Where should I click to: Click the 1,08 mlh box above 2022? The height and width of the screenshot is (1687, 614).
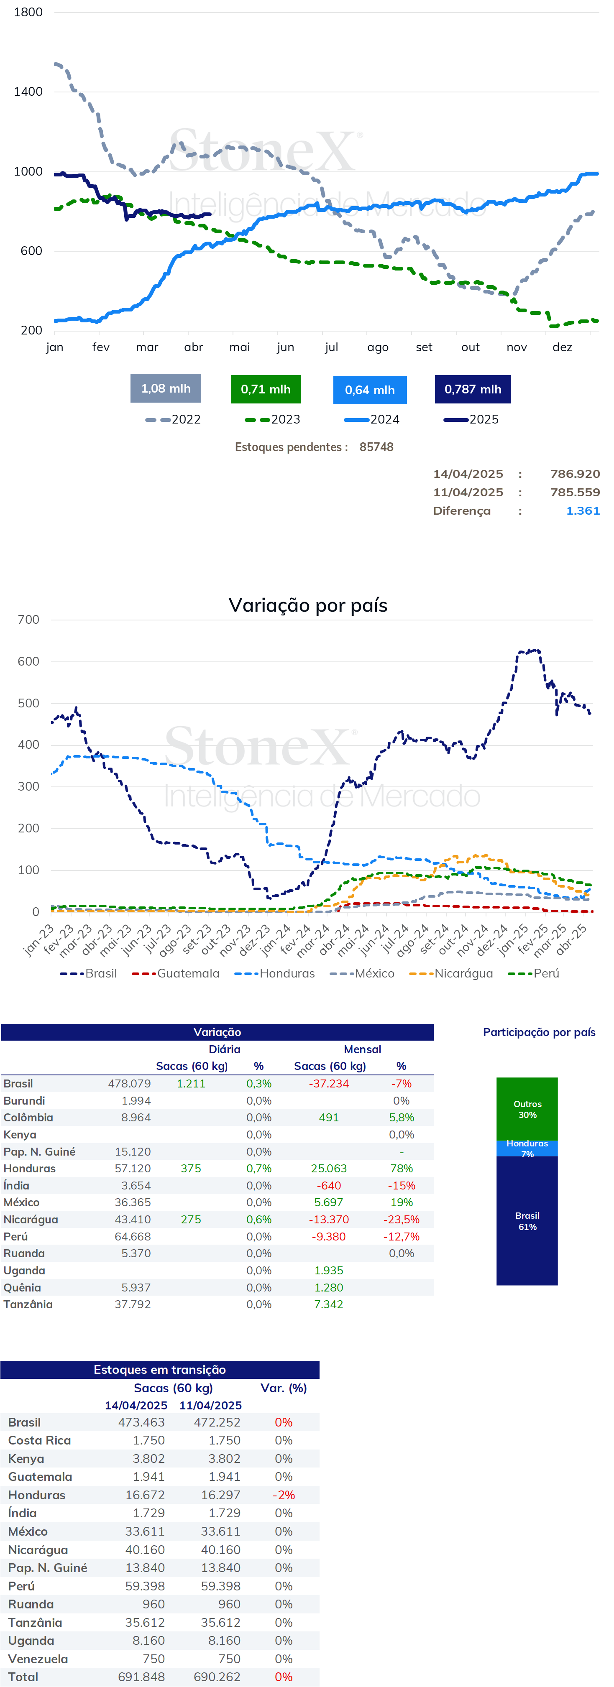[166, 388]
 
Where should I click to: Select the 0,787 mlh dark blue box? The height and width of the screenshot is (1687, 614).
[473, 389]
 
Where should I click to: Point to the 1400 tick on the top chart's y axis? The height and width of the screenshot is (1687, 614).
[28, 92]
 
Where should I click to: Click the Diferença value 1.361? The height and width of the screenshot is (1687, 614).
[583, 511]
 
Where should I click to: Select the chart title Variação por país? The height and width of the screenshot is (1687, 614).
[308, 605]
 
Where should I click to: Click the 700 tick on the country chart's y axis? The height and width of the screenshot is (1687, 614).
[28, 620]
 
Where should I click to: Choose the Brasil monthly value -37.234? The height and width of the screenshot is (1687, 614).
[329, 1084]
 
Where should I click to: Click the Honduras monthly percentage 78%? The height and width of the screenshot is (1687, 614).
[401, 1168]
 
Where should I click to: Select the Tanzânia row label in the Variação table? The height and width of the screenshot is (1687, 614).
[28, 1304]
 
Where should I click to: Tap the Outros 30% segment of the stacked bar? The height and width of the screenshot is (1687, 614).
[527, 1109]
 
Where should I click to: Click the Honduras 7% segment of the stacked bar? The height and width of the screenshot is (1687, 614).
[527, 1148]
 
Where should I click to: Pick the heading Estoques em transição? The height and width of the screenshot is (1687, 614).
[159, 1369]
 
